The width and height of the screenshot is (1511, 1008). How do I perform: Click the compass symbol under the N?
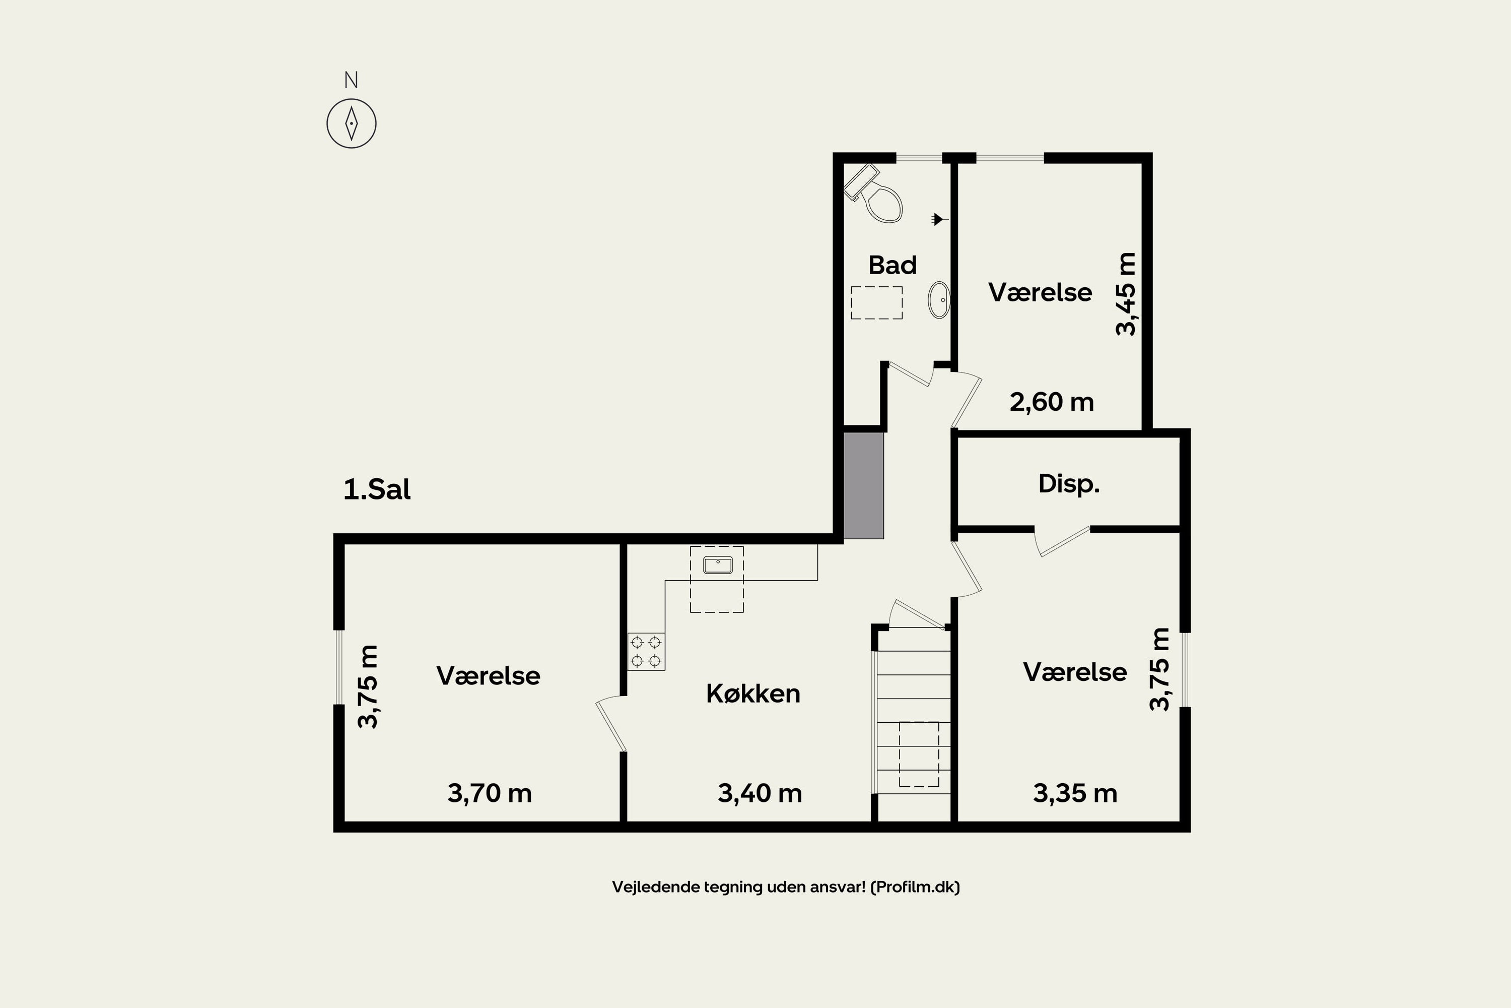pyautogui.click(x=352, y=123)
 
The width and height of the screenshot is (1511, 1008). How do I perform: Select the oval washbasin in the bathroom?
pyautogui.click(x=939, y=299)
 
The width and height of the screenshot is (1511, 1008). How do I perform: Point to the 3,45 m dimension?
pyautogui.click(x=1126, y=294)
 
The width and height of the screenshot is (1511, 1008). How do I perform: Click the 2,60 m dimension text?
pyautogui.click(x=1052, y=402)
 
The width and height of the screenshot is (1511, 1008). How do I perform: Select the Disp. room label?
pyautogui.click(x=1068, y=483)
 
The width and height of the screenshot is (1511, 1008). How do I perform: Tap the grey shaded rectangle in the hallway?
pyautogui.click(x=863, y=485)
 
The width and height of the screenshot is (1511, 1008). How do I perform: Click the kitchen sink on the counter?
pyautogui.click(x=718, y=565)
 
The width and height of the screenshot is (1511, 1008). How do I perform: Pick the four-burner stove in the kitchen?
pyautogui.click(x=646, y=652)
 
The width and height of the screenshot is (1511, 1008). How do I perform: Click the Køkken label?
pyautogui.click(x=753, y=694)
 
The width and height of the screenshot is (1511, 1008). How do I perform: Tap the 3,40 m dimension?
pyautogui.click(x=760, y=793)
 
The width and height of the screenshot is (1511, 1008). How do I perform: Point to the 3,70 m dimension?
pyautogui.click(x=490, y=793)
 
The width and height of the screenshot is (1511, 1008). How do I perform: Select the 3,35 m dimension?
pyautogui.click(x=1075, y=793)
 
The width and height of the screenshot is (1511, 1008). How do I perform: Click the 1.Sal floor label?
pyautogui.click(x=377, y=490)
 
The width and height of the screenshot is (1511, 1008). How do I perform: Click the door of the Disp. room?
pyautogui.click(x=1063, y=541)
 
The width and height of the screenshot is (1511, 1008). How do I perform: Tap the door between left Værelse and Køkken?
pyautogui.click(x=611, y=725)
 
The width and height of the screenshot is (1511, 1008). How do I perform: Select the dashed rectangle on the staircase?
pyautogui.click(x=919, y=754)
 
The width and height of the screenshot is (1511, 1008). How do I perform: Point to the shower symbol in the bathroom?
pyautogui.click(x=939, y=219)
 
